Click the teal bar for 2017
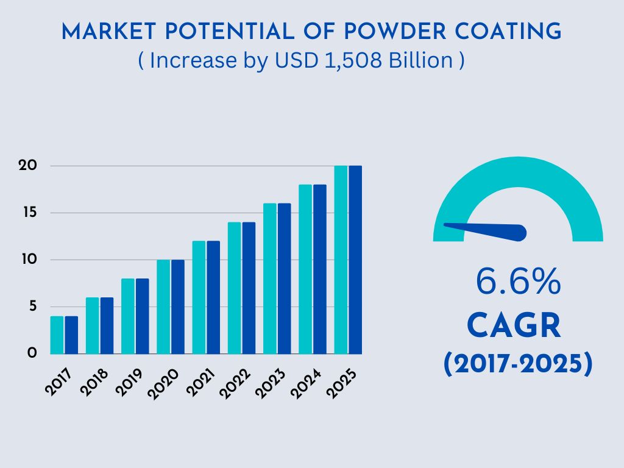[x=57, y=335]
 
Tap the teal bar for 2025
[x=341, y=260]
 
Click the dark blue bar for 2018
[x=107, y=325]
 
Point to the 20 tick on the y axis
[x=28, y=166]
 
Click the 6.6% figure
[x=517, y=282]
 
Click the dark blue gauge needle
[x=487, y=230]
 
